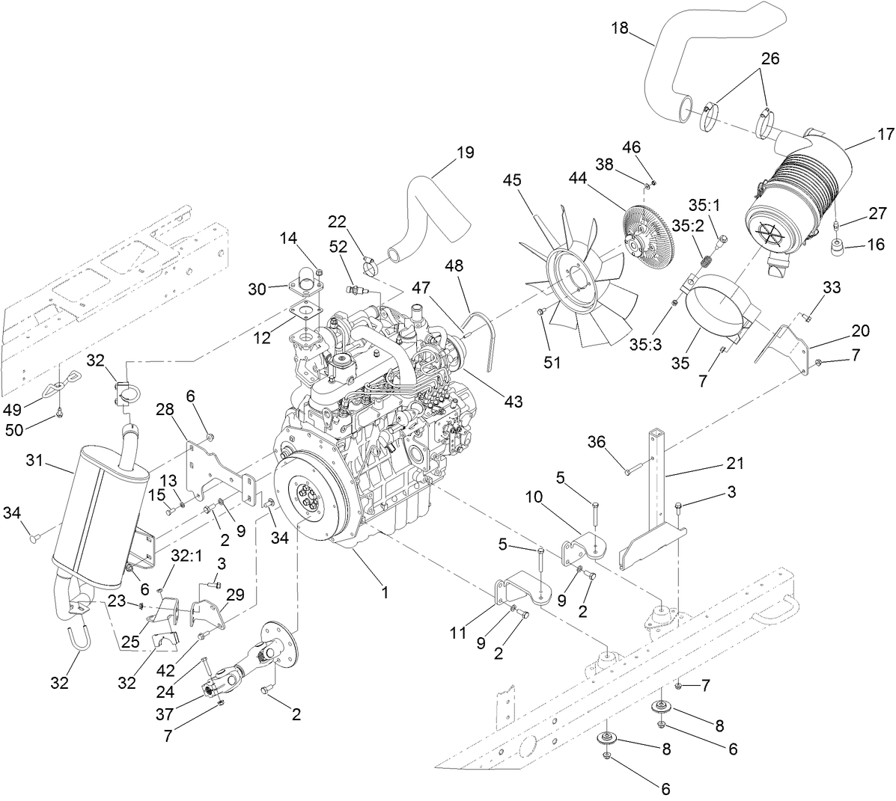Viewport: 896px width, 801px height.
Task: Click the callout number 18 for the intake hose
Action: point(619,30)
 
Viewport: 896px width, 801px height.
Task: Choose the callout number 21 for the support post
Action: point(734,464)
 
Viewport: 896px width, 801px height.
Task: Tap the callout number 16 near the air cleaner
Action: point(875,244)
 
